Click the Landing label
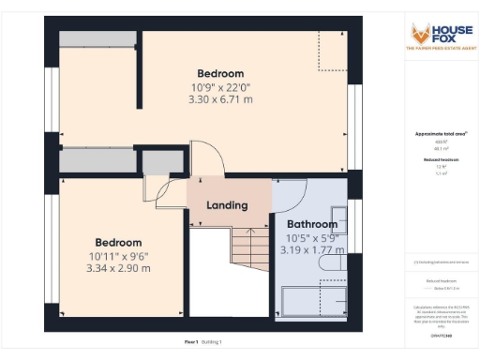(x=227, y=204)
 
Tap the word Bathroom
(x=311, y=224)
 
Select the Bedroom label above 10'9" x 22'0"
(x=220, y=74)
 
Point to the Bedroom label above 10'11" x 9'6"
(x=118, y=242)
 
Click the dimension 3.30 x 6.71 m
(x=220, y=98)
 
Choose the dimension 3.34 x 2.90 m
(x=118, y=268)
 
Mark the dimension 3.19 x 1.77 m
(x=311, y=250)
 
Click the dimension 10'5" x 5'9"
(x=311, y=238)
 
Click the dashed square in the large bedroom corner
(x=331, y=49)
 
